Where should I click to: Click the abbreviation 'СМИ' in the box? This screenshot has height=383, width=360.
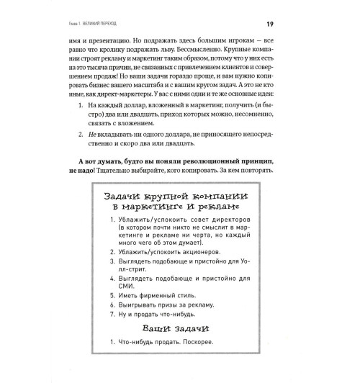click(120, 302)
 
